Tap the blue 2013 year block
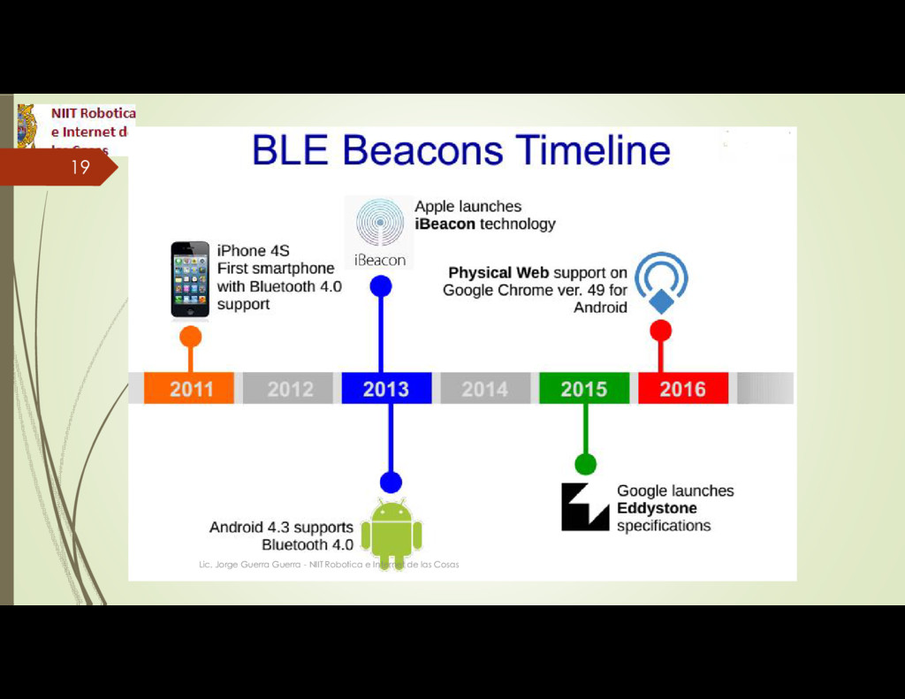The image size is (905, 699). (386, 388)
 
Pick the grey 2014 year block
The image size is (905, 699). (485, 388)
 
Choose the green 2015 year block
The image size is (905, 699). (584, 388)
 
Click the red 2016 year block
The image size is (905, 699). (683, 388)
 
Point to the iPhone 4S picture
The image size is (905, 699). (190, 279)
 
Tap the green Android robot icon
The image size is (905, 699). (392, 534)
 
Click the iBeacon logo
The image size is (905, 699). (380, 232)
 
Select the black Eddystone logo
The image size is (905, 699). (585, 506)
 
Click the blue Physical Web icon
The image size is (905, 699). (661, 282)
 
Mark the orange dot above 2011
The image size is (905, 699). (190, 337)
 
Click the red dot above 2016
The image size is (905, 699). (660, 331)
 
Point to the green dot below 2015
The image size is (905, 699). (585, 464)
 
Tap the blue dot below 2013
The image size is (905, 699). (391, 482)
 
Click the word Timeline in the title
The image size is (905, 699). (593, 150)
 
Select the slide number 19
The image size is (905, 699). (80, 167)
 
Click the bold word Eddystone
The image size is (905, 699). (657, 508)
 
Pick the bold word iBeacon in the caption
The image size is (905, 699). (445, 224)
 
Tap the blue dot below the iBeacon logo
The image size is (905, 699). (381, 286)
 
